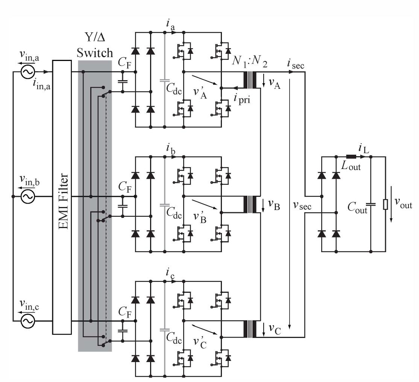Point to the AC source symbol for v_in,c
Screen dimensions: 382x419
(28, 321)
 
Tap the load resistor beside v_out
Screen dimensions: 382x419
(385, 204)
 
